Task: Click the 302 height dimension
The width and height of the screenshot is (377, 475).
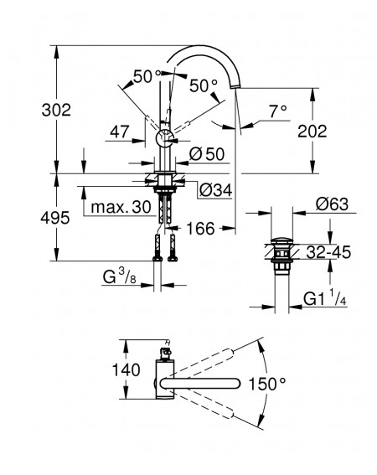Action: tap(56, 110)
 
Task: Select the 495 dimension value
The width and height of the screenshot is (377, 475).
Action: tap(55, 218)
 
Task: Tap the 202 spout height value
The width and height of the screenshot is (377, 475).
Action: tap(312, 132)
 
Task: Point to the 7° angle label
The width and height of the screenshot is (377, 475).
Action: tap(278, 111)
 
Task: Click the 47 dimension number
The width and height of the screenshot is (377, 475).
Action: tap(120, 132)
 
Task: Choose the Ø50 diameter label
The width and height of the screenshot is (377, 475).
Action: tap(207, 154)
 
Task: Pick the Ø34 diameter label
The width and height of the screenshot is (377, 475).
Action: tap(216, 190)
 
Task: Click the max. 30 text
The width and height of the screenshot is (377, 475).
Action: tap(121, 207)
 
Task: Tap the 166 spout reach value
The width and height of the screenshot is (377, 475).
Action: tap(200, 228)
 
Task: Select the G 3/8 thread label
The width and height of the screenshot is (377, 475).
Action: tap(120, 276)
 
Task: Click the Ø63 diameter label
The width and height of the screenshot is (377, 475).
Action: tap(332, 204)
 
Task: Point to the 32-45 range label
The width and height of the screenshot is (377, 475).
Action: tap(328, 252)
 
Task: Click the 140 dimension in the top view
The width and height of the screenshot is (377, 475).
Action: tap(126, 369)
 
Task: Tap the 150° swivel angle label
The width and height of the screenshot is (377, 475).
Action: tap(267, 384)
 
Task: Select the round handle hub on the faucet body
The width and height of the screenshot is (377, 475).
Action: tap(164, 139)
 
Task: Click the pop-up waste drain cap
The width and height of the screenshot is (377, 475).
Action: tap(281, 241)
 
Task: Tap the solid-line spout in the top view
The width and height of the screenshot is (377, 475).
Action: tap(200, 383)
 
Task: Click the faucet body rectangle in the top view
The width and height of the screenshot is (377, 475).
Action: tap(164, 379)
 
